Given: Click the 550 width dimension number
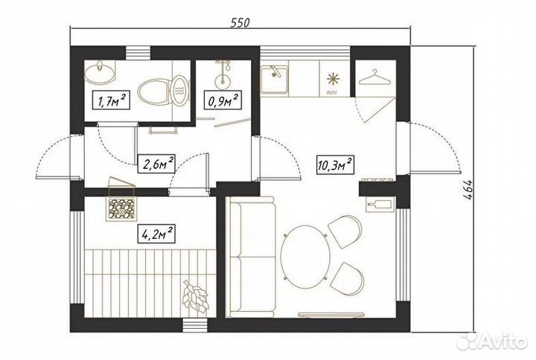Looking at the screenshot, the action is (x=240, y=22).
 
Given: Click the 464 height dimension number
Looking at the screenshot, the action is (x=468, y=190).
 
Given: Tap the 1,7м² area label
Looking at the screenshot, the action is (x=112, y=101).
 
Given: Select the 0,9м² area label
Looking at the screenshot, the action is (x=223, y=100).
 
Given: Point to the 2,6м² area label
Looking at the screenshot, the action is (x=156, y=164).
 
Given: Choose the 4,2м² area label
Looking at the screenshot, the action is (x=157, y=234).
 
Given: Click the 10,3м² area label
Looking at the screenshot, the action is (x=335, y=165).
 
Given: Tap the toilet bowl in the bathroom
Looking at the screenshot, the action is (x=164, y=91).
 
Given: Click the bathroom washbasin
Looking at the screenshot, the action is (x=99, y=73).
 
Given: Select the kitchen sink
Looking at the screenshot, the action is (x=274, y=80).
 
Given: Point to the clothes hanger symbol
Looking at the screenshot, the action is (x=374, y=77).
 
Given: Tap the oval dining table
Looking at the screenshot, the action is (x=305, y=257).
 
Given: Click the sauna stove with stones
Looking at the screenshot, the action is (x=121, y=208).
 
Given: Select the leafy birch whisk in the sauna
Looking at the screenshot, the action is (x=195, y=295).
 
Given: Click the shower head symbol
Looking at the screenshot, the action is (x=223, y=73).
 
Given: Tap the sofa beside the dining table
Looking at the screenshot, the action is (x=252, y=257).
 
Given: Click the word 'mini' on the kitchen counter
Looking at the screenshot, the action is (x=331, y=92).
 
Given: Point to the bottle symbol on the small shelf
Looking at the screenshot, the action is (x=379, y=205).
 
